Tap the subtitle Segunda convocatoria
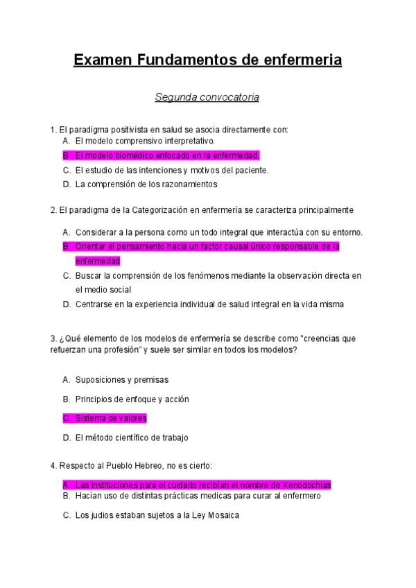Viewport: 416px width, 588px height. [207, 97]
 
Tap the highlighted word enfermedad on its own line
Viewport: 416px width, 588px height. [98, 261]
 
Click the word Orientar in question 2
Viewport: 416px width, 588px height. [91, 247]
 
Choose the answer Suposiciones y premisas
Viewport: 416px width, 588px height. [122, 380]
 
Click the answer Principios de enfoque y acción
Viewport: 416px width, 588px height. [132, 399]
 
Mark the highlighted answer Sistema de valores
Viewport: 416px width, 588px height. [111, 418]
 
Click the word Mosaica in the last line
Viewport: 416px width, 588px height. [223, 515]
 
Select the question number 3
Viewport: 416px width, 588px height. [53, 338]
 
